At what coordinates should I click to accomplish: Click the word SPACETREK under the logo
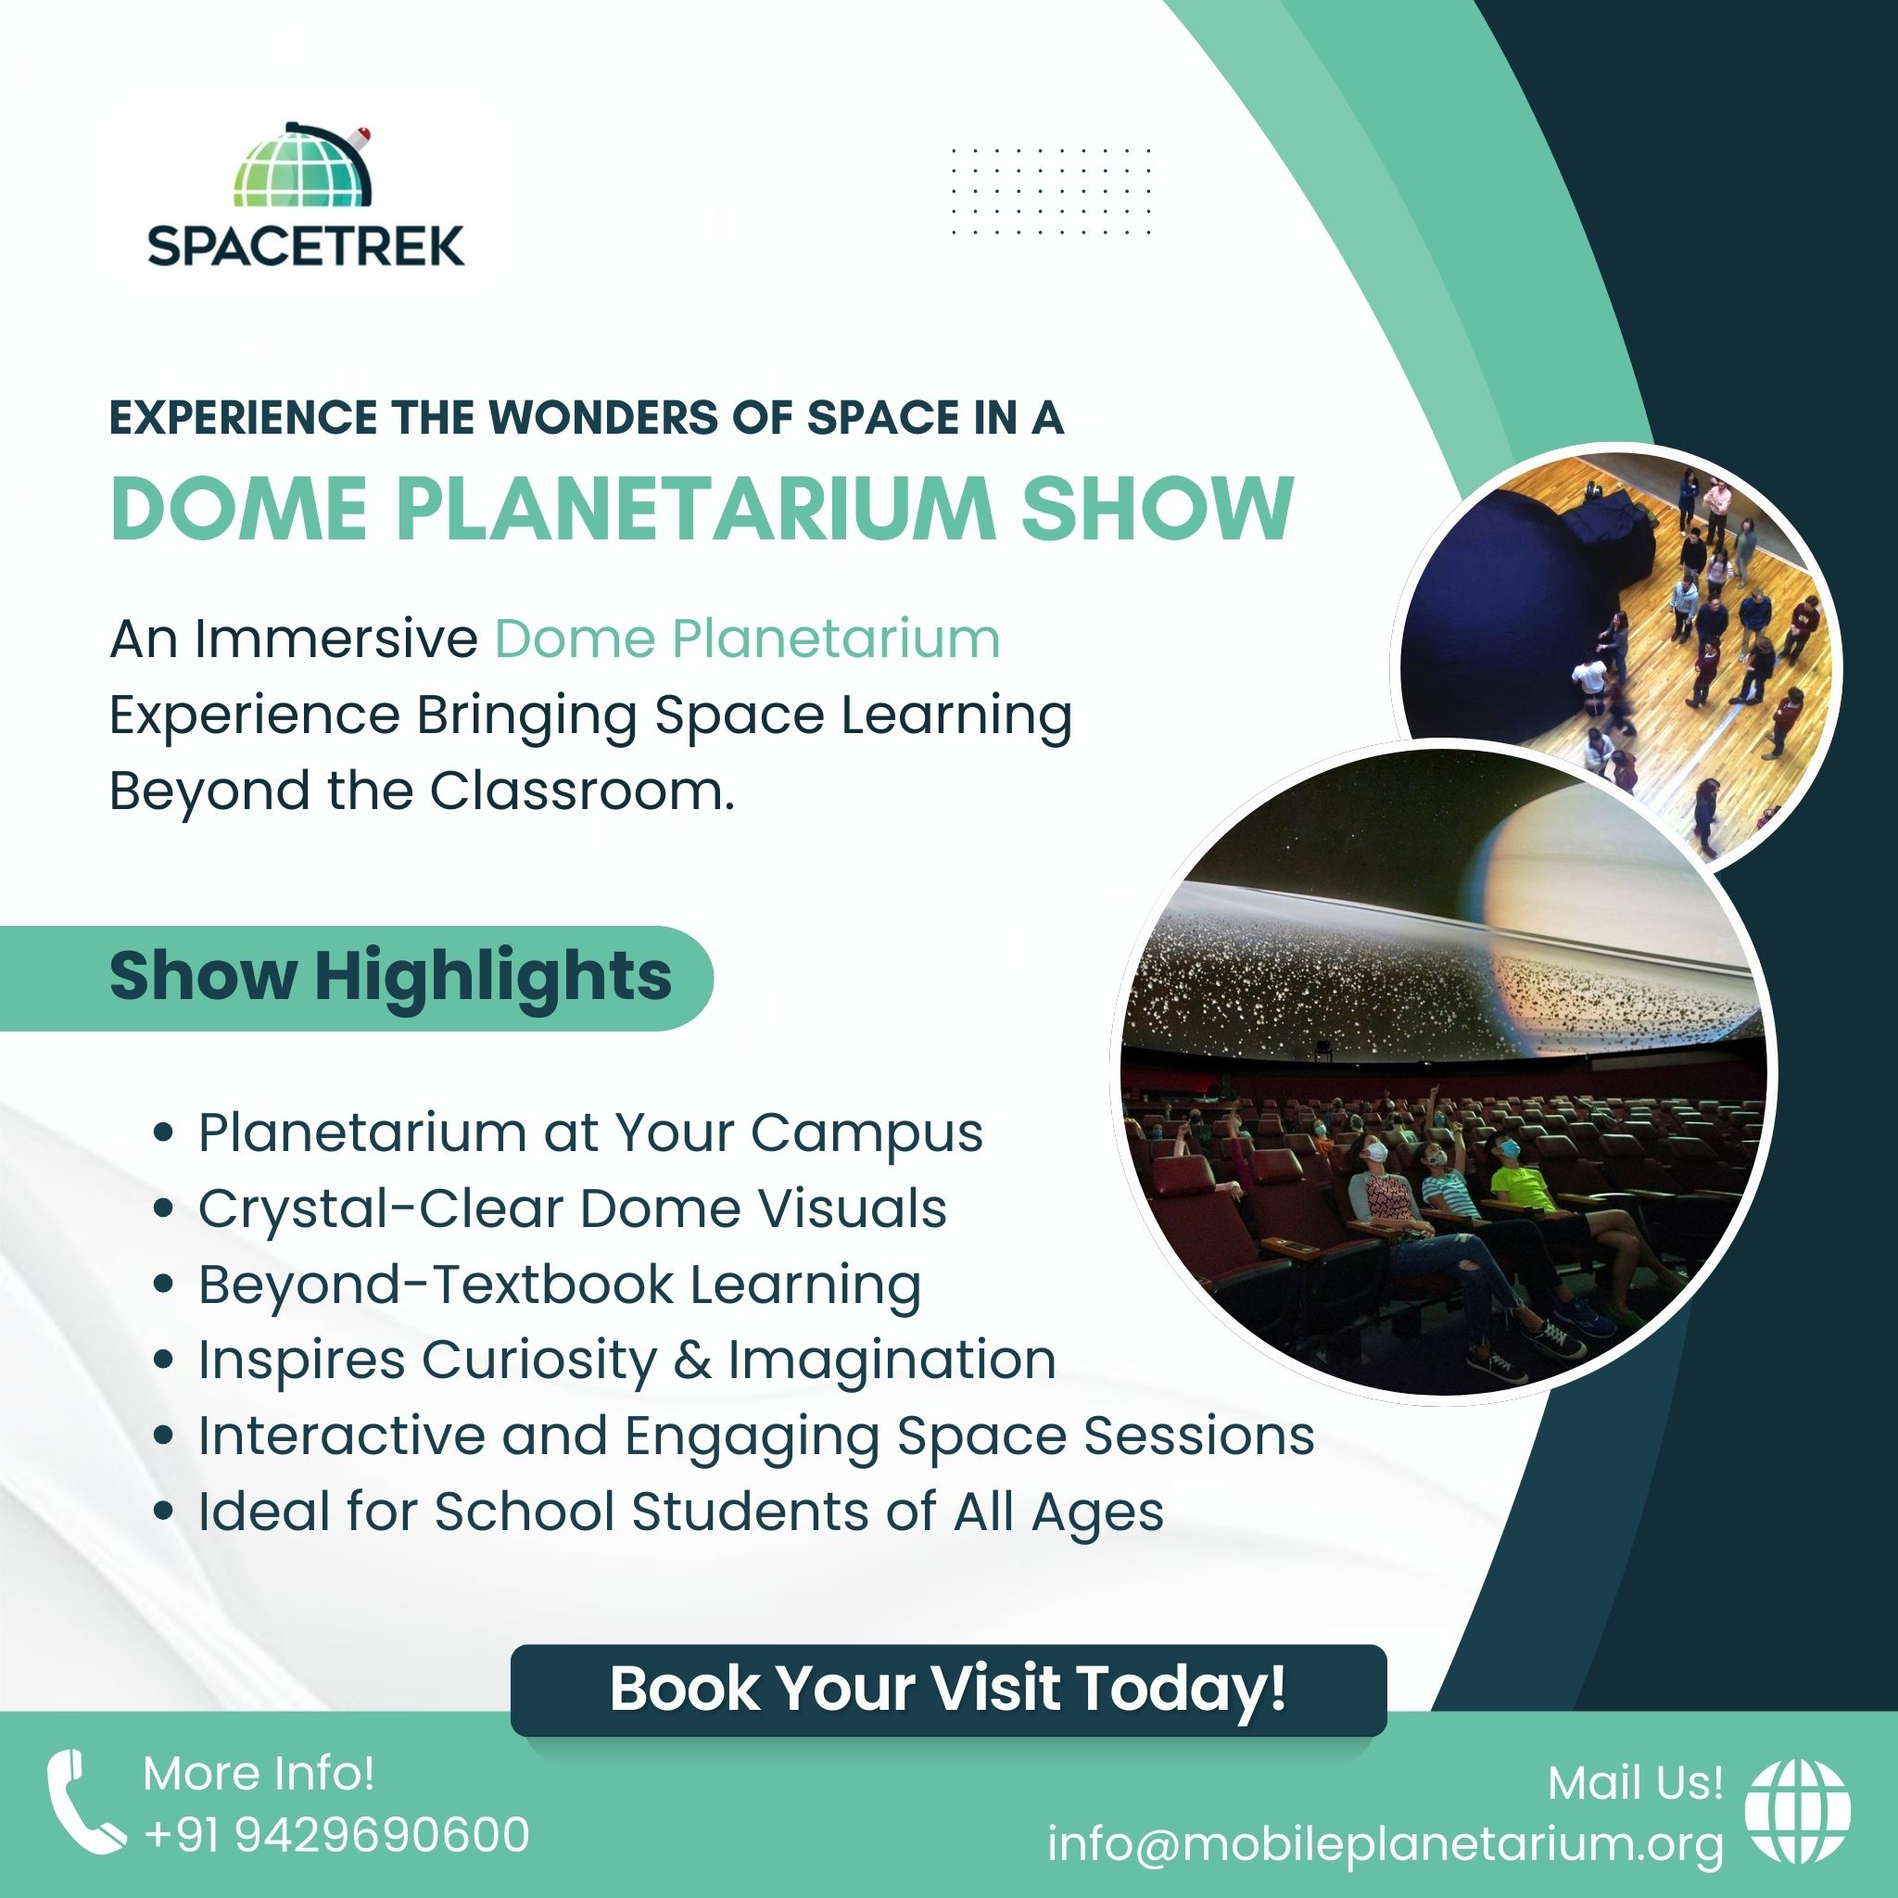point(307,246)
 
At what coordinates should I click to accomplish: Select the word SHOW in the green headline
point(1158,508)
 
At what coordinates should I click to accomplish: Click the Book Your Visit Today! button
point(948,1689)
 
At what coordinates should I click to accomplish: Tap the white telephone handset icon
point(84,1803)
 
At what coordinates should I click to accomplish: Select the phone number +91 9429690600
point(337,1835)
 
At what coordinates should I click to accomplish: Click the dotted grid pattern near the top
point(1051,192)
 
